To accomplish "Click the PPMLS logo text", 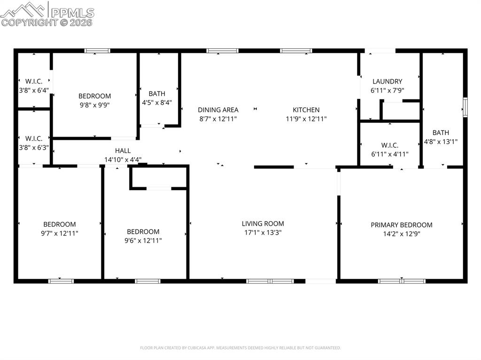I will point(72,13).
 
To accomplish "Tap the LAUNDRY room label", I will point(387,81).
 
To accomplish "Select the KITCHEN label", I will point(306,110).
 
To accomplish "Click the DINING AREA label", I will point(218,110).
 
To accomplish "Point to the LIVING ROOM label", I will point(263,223).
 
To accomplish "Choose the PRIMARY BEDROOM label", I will point(401,225).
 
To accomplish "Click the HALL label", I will point(123,151).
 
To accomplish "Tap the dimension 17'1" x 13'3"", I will point(263,232).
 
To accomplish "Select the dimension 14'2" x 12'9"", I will point(401,234).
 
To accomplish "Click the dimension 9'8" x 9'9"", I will point(94,105).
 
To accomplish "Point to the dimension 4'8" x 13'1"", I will point(441,141).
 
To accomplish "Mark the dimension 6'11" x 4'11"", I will point(389,154).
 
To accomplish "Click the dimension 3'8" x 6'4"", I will point(34,90).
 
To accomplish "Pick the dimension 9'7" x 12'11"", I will point(59,233).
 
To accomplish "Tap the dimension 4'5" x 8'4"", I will point(157,102).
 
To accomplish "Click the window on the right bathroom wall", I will point(465,107).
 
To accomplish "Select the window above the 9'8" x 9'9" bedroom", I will point(97,51).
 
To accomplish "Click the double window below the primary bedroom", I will point(402,281).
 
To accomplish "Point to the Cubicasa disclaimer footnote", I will point(240,348).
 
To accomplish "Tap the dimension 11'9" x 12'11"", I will point(306,119).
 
